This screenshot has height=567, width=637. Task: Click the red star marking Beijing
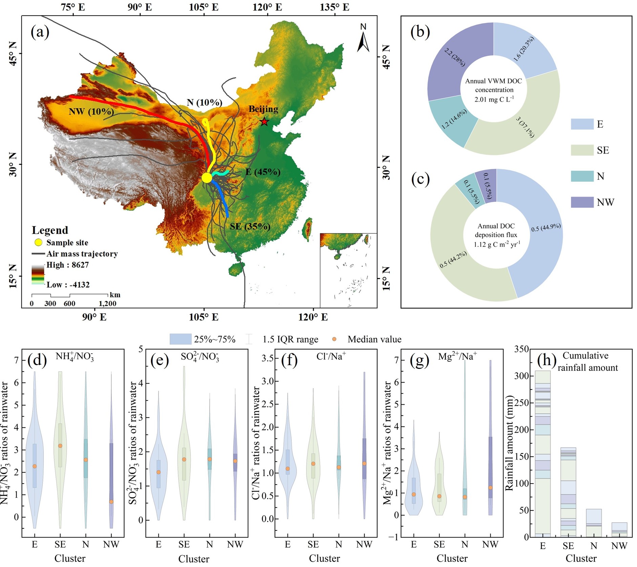coord(264,122)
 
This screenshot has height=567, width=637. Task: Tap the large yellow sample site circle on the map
coord(207,177)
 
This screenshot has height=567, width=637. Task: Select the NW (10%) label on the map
coord(91,111)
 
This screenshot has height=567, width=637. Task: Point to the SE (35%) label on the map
coord(250,226)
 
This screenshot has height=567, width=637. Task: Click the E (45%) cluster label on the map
coord(263,172)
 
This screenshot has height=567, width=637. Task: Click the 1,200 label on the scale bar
coord(107,303)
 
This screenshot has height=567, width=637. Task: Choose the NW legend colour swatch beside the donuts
coord(582,202)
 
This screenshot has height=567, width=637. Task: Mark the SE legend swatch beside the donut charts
coord(582,150)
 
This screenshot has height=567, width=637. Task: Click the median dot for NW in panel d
coord(111,502)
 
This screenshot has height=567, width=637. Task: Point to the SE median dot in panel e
coord(184,460)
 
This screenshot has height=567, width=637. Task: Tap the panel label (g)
coord(419,361)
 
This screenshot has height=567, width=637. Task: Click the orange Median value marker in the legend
coord(334,339)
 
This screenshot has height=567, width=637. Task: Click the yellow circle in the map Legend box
coord(38,243)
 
